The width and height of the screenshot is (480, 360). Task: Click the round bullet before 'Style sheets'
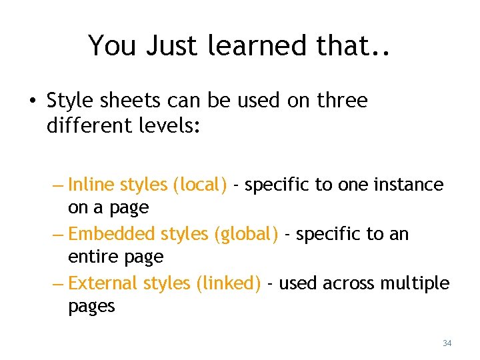[32, 101]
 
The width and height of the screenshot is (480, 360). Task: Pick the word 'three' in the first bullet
[342, 101]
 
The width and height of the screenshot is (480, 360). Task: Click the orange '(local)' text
[199, 185]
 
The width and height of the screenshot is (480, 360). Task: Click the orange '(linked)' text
[228, 284]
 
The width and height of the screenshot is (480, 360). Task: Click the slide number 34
[447, 343]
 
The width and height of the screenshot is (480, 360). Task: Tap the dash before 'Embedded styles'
[58, 235]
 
